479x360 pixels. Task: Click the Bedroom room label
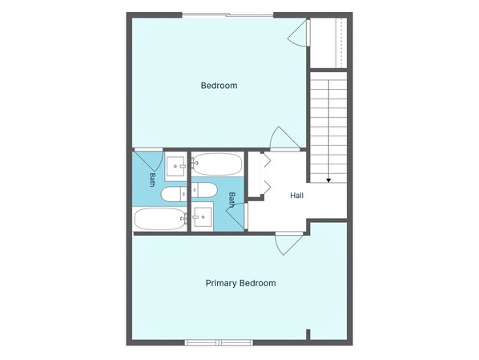(219, 85)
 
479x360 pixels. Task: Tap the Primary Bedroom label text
(241, 283)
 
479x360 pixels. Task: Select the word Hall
(296, 196)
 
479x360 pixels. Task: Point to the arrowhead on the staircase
(328, 180)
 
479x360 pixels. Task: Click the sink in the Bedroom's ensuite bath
(175, 167)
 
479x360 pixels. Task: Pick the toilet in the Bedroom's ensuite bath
(174, 195)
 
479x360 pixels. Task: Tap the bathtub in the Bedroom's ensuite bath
(160, 219)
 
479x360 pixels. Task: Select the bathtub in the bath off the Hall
(217, 164)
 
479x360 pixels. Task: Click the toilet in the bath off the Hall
(204, 190)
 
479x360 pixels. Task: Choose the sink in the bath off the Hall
(203, 216)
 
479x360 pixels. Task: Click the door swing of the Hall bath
(236, 216)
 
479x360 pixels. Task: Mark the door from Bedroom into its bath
(149, 160)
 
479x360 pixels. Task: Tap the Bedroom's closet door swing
(299, 33)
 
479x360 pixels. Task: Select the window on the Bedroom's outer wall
(228, 14)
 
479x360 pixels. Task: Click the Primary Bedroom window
(219, 342)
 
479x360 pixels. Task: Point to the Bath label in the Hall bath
(231, 200)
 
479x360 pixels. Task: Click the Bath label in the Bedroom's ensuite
(152, 180)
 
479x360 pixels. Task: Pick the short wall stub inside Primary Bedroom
(308, 334)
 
